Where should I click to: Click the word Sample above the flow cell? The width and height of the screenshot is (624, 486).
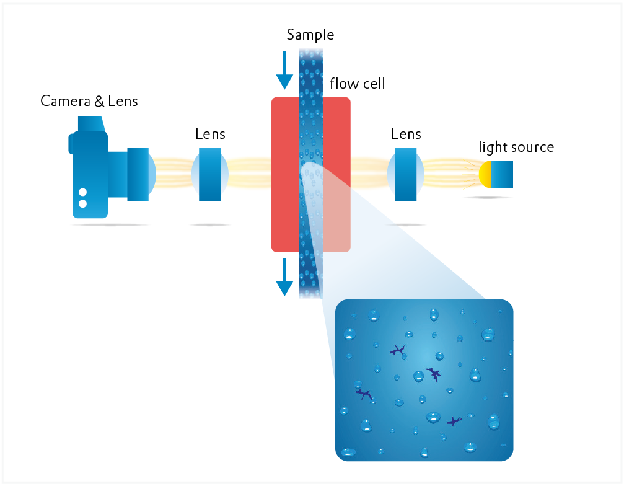pyautogui.click(x=310, y=35)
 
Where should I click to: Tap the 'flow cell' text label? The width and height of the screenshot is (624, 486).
pyautogui.click(x=357, y=83)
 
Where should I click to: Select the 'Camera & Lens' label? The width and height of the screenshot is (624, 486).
pyautogui.click(x=89, y=100)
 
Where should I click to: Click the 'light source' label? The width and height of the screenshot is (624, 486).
pyautogui.click(x=516, y=148)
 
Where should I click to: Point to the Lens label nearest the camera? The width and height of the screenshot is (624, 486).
pyautogui.click(x=210, y=134)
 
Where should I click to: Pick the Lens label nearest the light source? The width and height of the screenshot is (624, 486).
pyautogui.click(x=406, y=134)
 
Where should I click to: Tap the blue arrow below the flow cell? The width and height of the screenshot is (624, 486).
pyautogui.click(x=284, y=277)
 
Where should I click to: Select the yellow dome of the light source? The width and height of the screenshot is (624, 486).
pyautogui.click(x=485, y=175)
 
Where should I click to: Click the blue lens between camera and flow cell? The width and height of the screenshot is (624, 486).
pyautogui.click(x=209, y=174)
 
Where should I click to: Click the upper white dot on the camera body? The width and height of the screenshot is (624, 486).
pyautogui.click(x=82, y=192)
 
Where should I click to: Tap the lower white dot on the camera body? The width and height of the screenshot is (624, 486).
pyautogui.click(x=82, y=203)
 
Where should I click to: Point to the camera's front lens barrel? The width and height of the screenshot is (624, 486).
pyautogui.click(x=139, y=174)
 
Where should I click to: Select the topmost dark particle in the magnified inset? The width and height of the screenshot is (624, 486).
pyautogui.click(x=398, y=351)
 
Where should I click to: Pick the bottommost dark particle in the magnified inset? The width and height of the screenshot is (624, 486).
pyautogui.click(x=454, y=422)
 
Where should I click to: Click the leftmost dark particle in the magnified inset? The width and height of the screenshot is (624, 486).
pyautogui.click(x=363, y=394)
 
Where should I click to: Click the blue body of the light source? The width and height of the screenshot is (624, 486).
pyautogui.click(x=503, y=175)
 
